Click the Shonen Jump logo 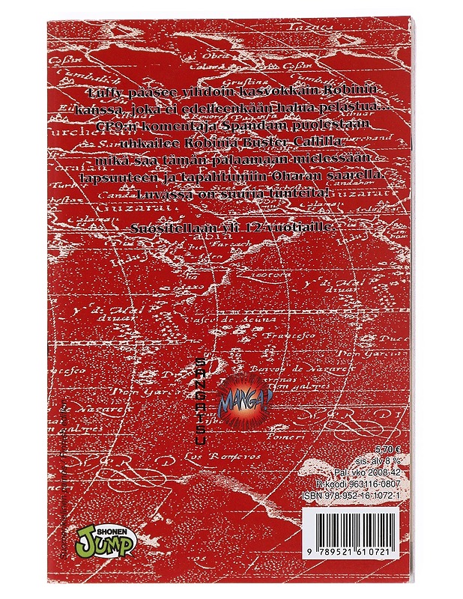(106, 537)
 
